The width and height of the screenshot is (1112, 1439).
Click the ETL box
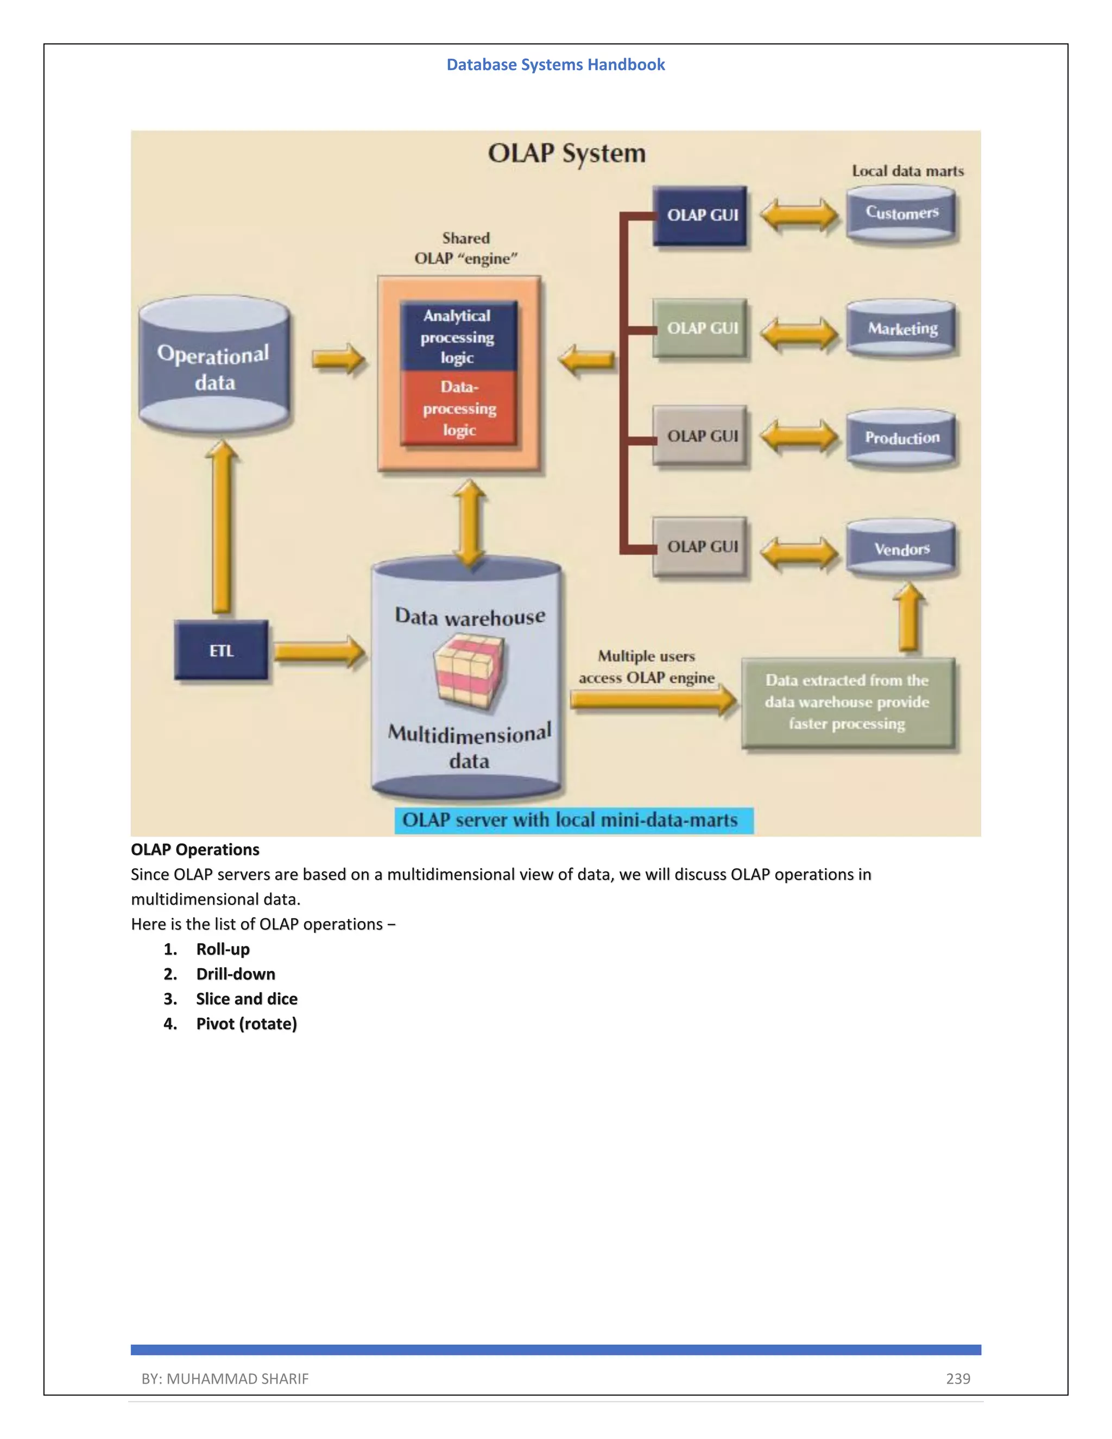pyautogui.click(x=222, y=651)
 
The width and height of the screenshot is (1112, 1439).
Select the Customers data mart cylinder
pyautogui.click(x=901, y=213)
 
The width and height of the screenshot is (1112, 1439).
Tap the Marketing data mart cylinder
pyautogui.click(x=901, y=328)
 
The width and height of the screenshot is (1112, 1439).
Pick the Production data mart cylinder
pyautogui.click(x=901, y=438)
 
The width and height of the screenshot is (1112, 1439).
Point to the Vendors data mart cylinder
pyautogui.click(x=901, y=548)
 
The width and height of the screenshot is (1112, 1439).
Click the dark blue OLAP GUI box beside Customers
pyautogui.click(x=700, y=216)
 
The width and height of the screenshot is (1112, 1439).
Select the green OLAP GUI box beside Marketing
pyautogui.click(x=700, y=328)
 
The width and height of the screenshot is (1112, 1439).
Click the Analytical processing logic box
pyautogui.click(x=458, y=336)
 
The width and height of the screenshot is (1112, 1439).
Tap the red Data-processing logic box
pyautogui.click(x=458, y=408)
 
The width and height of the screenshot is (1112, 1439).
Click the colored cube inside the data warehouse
pyautogui.click(x=469, y=672)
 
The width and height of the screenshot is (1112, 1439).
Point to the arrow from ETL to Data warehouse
pyautogui.click(x=319, y=652)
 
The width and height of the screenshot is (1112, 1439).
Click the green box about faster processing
pyautogui.click(x=848, y=702)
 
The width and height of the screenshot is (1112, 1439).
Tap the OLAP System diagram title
pyautogui.click(x=566, y=154)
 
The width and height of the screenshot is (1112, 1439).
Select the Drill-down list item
pyautogui.click(x=235, y=974)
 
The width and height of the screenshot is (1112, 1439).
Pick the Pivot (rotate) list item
pyautogui.click(x=247, y=1024)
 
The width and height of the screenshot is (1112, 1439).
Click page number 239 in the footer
pyautogui.click(x=958, y=1378)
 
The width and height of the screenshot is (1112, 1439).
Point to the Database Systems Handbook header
pyautogui.click(x=555, y=65)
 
